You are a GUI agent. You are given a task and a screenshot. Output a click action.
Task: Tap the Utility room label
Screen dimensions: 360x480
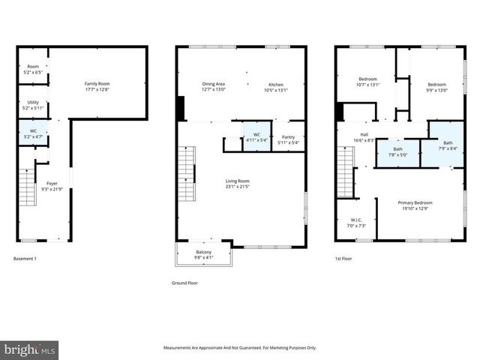click(x=32, y=104)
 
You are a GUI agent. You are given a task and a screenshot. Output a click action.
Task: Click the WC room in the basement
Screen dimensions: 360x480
click(x=32, y=133)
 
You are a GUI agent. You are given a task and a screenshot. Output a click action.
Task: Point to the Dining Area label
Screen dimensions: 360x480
click(x=214, y=86)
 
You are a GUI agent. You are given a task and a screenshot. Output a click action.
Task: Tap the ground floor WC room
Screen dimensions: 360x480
click(x=256, y=138)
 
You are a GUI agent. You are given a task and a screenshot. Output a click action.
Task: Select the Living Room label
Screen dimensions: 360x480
click(x=238, y=183)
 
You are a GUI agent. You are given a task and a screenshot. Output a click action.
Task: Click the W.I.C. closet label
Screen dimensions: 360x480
click(x=355, y=223)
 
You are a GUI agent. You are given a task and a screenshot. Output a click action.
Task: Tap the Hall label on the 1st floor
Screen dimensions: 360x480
click(x=364, y=137)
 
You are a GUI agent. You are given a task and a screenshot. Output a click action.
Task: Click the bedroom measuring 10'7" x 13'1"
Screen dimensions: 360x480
click(x=367, y=81)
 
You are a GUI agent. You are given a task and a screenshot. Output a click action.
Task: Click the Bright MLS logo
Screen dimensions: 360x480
click(x=30, y=349)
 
